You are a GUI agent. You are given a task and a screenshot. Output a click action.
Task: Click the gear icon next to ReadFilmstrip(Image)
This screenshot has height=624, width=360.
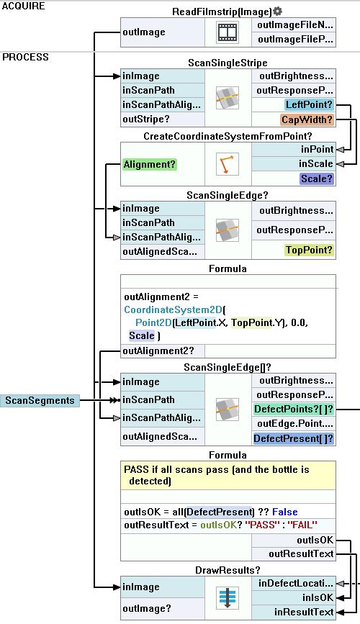coord(278,11)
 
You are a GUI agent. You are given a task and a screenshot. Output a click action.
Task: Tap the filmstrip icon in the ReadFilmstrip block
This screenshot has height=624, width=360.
coord(228,32)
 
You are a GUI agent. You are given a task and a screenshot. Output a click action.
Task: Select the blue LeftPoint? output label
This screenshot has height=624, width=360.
coord(309,104)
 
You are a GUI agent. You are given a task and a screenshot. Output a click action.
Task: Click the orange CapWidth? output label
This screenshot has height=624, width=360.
coord(307,119)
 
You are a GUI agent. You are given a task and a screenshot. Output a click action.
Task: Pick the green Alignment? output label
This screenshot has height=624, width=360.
coord(149,164)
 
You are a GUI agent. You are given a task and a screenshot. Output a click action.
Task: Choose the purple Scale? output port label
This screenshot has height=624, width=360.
coord(317,178)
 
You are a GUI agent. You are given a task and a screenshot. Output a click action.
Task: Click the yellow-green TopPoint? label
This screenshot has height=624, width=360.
coord(309,250)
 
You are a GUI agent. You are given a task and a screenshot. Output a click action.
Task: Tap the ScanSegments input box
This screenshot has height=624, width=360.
coord(40,400)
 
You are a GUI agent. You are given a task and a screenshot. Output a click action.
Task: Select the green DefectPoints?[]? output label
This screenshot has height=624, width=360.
coord(294,409)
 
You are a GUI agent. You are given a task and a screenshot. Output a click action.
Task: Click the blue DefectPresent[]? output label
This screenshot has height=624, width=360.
coord(294,438)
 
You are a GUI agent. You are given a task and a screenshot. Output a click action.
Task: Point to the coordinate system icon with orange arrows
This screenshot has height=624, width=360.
coord(228,163)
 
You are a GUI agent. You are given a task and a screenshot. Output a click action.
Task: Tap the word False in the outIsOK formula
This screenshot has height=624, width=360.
coord(284,512)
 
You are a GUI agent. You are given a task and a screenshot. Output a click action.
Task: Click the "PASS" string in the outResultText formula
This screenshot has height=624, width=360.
coord(261,525)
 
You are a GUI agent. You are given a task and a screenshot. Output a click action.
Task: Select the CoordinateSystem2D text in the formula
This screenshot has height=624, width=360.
coord(174,309)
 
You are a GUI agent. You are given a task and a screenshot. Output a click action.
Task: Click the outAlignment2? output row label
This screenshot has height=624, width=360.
coord(158,351)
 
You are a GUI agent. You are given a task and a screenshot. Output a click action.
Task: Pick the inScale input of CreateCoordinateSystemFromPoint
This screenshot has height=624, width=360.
coord(316,163)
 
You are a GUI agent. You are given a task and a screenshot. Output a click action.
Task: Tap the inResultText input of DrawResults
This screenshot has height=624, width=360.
coord(304,612)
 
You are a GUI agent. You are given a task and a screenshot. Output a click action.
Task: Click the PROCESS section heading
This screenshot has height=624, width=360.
coord(25,57)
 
